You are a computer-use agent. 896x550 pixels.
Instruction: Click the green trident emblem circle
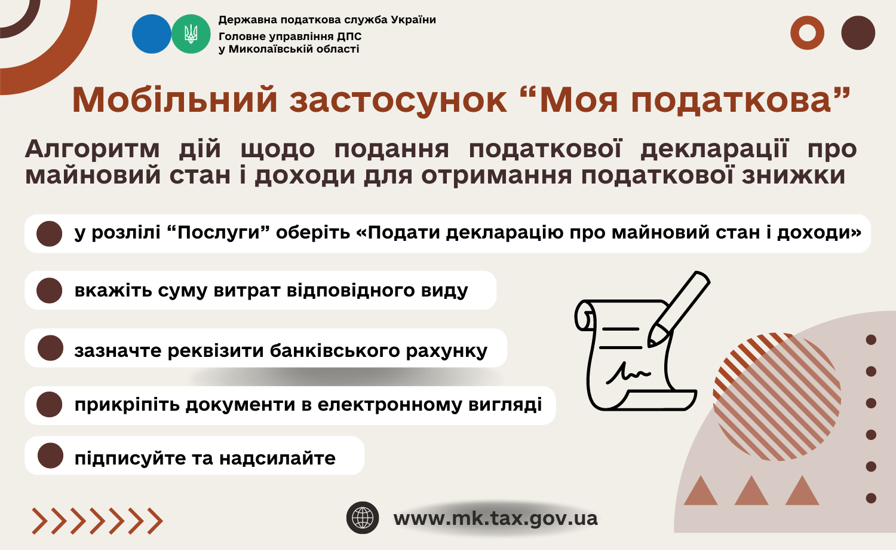tap(191, 34)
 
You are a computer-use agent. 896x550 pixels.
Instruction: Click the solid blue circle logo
tap(152, 34)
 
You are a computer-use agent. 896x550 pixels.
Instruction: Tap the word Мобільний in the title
tap(175, 100)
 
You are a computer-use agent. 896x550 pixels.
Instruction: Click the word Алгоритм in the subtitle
tap(93, 149)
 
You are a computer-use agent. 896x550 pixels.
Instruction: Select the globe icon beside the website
tap(363, 518)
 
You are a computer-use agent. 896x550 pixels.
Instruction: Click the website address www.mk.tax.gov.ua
tap(495, 518)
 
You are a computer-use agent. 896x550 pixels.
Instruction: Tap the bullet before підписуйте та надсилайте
tap(50, 456)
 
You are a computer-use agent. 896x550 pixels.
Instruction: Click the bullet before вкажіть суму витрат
tap(49, 290)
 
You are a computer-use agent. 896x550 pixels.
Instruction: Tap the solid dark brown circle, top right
tap(858, 33)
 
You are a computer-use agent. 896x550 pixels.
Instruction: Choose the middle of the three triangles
tap(751, 490)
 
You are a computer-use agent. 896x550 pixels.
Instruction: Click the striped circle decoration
tap(777, 396)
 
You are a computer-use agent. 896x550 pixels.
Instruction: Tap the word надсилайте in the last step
tap(277, 459)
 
